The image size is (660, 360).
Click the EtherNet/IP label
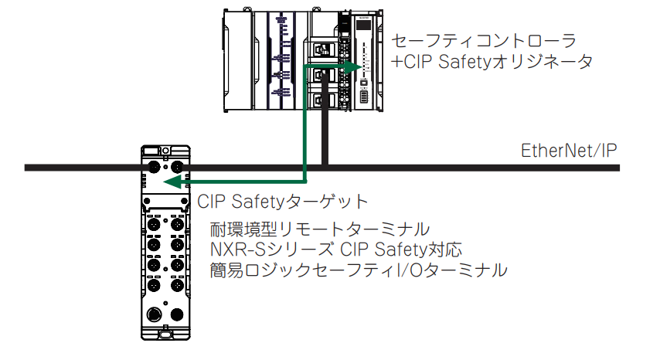(x=569, y=151)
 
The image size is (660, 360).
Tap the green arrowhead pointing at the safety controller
(x=353, y=67)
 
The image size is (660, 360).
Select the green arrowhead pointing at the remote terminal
(x=172, y=182)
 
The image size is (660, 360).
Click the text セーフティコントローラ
(x=484, y=41)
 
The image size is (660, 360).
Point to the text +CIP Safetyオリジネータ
(x=492, y=62)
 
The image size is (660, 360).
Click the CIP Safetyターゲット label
(x=282, y=202)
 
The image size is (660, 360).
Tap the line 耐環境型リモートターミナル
(x=319, y=229)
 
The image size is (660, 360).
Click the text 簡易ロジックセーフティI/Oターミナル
(x=358, y=270)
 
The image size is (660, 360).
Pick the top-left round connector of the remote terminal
(x=154, y=167)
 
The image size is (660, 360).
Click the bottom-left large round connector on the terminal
(x=154, y=314)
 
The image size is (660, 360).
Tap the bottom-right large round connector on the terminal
(x=177, y=314)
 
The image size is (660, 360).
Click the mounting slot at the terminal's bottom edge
(x=165, y=335)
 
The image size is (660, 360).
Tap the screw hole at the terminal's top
(x=166, y=150)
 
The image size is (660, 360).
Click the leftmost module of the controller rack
(x=238, y=61)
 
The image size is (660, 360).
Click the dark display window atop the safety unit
(x=363, y=25)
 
